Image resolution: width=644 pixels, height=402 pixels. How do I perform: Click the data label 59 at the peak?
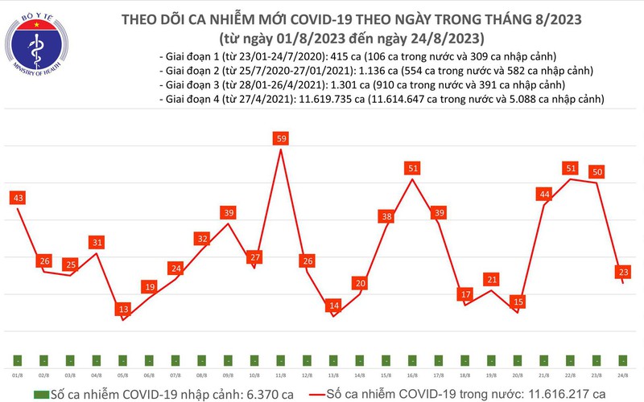[282, 138]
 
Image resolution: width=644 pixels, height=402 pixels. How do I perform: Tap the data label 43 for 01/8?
[18, 197]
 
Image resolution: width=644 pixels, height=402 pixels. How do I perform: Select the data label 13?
[123, 309]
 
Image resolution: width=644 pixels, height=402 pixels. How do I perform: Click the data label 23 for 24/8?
[623, 273]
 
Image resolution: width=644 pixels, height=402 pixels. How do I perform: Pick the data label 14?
[334, 306]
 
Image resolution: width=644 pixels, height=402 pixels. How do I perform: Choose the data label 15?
[518, 301]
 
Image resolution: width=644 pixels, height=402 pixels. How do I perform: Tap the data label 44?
[545, 194]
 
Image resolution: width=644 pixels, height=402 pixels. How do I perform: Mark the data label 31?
[97, 242]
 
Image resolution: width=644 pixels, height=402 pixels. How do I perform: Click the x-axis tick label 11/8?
[281, 375]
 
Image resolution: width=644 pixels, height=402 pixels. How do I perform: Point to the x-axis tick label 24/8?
[623, 375]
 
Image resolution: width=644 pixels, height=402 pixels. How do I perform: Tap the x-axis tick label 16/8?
[413, 375]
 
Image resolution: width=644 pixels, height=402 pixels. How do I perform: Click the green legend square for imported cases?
[40, 394]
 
